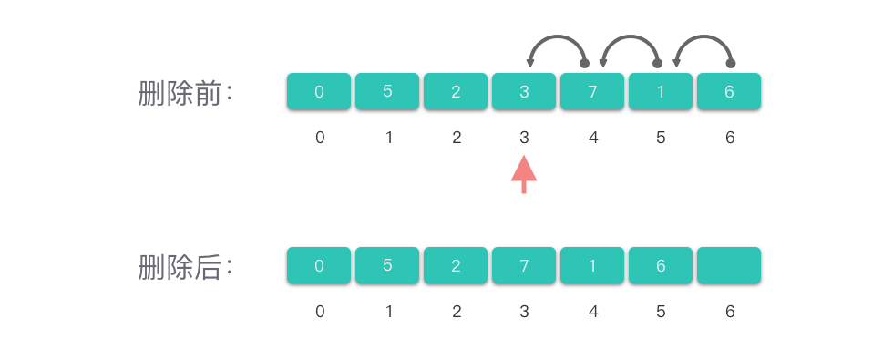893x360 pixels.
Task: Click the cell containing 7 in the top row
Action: (592, 91)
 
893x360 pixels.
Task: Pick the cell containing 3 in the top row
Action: (524, 91)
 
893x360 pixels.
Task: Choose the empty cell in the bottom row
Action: (729, 265)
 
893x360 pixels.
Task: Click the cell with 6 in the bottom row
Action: (661, 265)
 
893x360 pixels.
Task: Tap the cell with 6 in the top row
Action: (729, 91)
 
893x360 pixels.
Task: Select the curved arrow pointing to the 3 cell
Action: (557, 36)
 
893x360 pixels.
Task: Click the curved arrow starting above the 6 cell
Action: (703, 36)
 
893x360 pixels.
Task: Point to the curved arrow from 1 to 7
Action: (631, 36)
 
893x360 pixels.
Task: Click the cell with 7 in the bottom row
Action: (524, 265)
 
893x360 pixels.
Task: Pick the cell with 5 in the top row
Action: (387, 91)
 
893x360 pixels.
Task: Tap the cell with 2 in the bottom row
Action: (456, 265)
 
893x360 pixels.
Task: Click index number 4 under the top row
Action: (593, 138)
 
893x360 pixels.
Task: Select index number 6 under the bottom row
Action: (730, 312)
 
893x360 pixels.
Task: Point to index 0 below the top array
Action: (320, 138)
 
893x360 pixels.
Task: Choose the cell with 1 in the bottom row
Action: (592, 265)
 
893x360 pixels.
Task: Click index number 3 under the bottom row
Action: (524, 312)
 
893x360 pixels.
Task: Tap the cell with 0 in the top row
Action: (319, 91)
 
